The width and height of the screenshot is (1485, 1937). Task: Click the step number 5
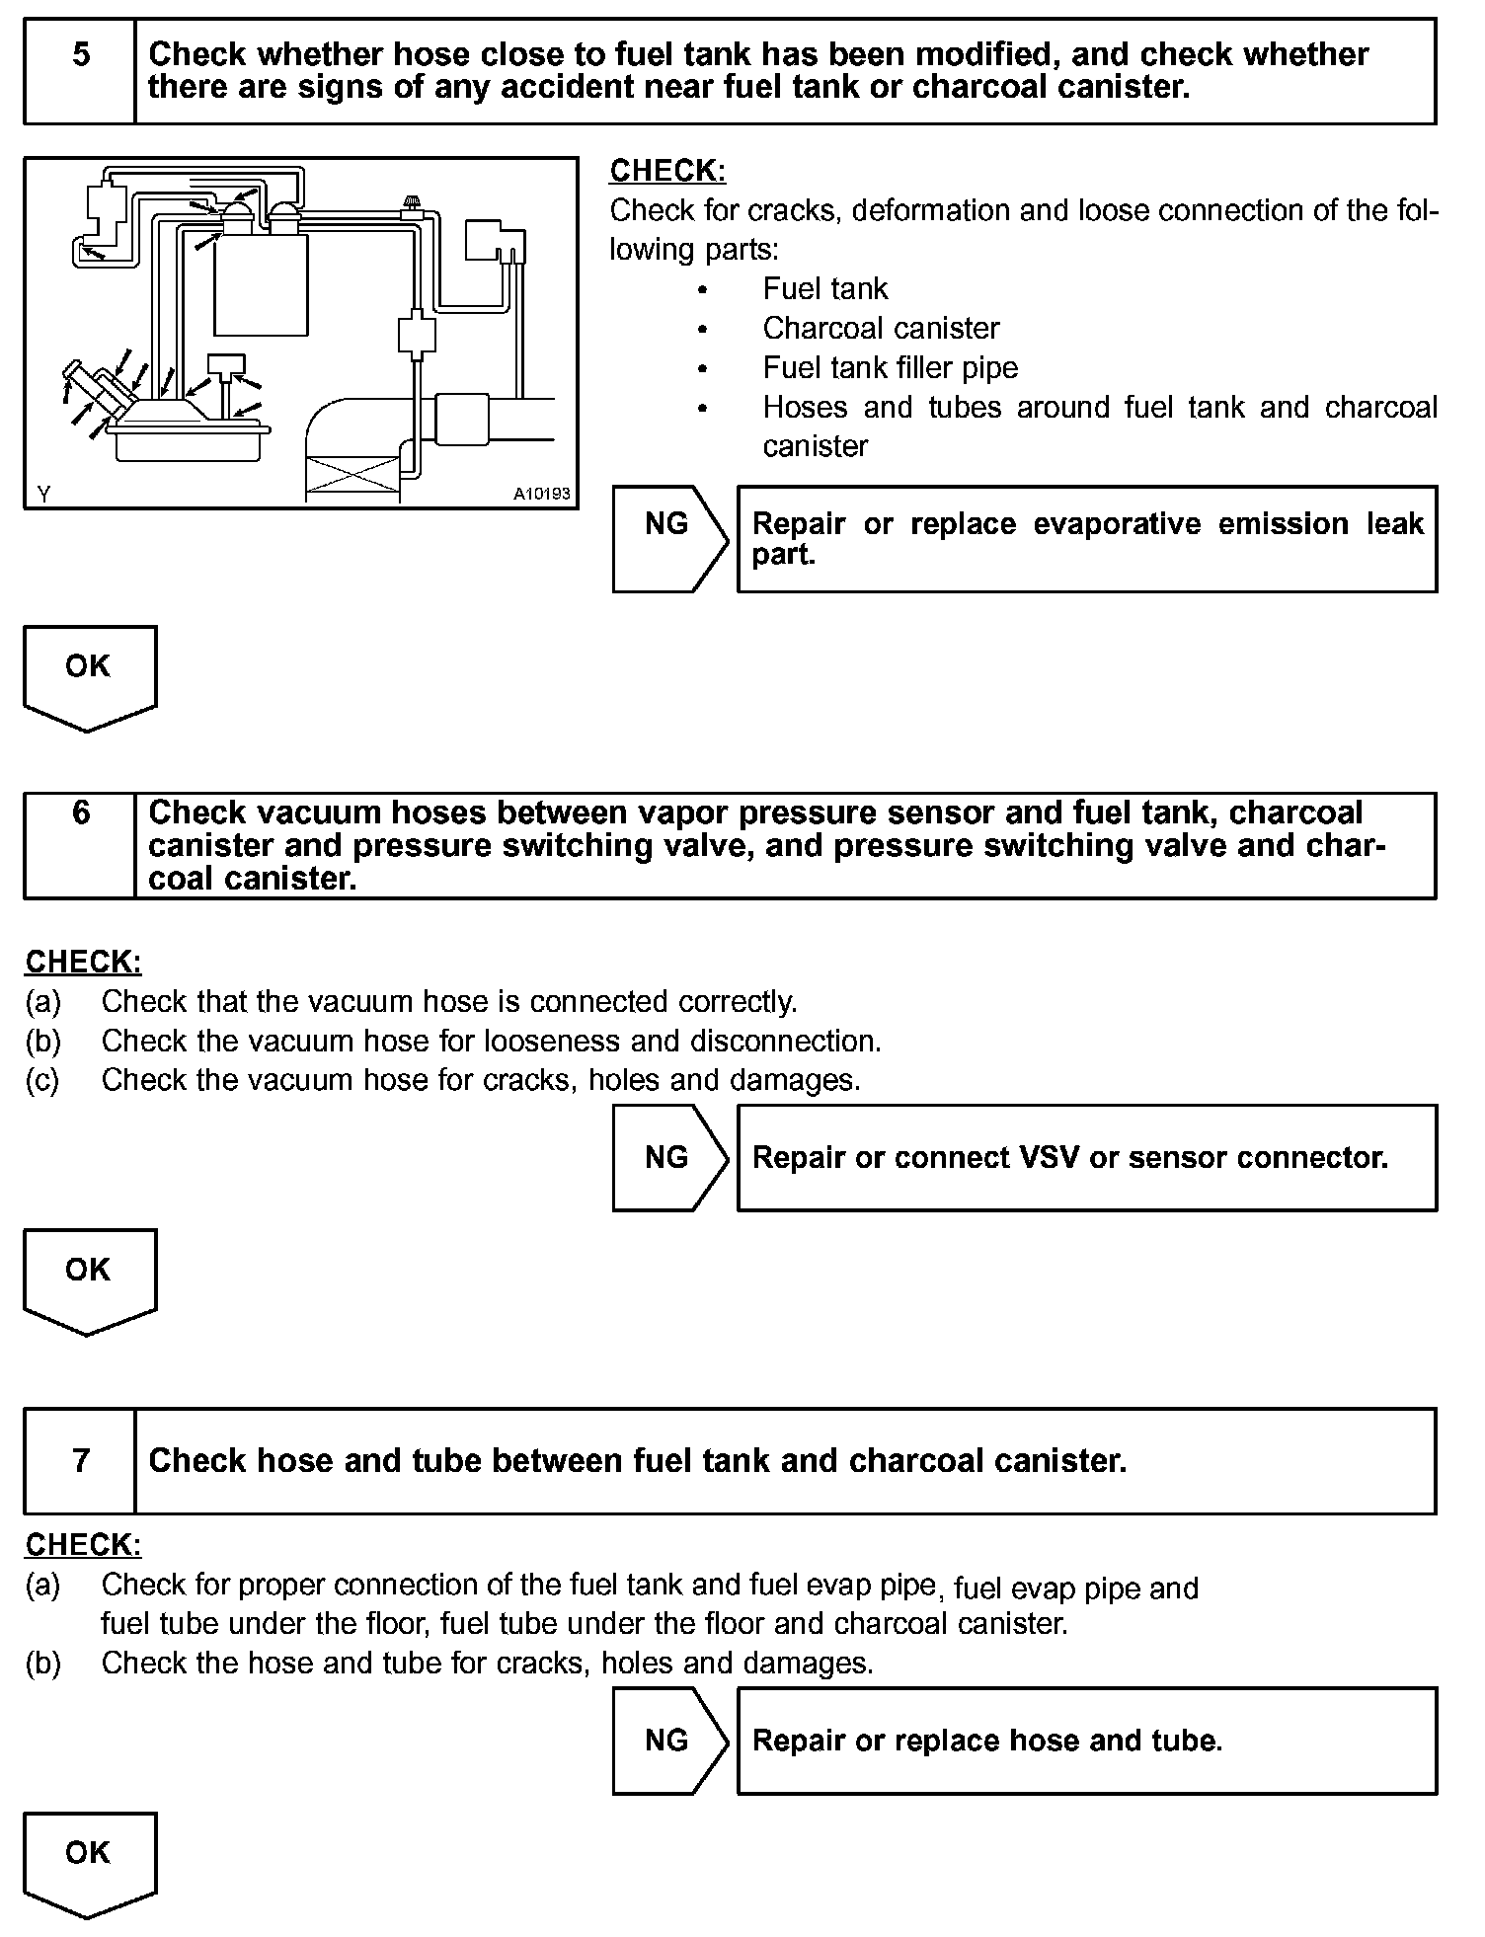pyautogui.click(x=81, y=55)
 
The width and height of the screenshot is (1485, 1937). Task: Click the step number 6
pyautogui.click(x=81, y=814)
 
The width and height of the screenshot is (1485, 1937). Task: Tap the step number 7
pyautogui.click(x=81, y=1460)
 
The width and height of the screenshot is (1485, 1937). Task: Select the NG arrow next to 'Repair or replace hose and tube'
pyautogui.click(x=668, y=1740)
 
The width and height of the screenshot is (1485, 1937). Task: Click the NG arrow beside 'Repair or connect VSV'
pyautogui.click(x=668, y=1157)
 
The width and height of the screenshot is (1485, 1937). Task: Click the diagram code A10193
pyautogui.click(x=541, y=494)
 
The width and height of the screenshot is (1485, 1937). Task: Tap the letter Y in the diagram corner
pyautogui.click(x=43, y=495)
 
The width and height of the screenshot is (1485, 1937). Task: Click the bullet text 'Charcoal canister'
pyautogui.click(x=881, y=328)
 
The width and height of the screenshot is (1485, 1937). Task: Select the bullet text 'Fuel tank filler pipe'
pyautogui.click(x=890, y=367)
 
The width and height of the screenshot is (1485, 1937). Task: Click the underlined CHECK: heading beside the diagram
pyautogui.click(x=667, y=171)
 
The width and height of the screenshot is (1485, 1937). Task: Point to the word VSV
pyautogui.click(x=1051, y=1157)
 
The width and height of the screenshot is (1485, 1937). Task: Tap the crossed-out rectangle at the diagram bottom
pyautogui.click(x=352, y=479)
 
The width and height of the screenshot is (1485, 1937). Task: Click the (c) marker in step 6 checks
pyautogui.click(x=42, y=1080)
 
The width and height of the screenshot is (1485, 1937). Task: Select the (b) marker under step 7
pyautogui.click(x=42, y=1663)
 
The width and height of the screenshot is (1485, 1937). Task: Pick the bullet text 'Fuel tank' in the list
pyautogui.click(x=825, y=288)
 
